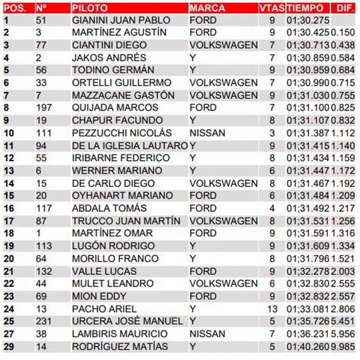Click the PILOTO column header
(x=90, y=8)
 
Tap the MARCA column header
(x=207, y=8)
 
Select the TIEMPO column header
(x=305, y=8)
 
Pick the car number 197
(x=44, y=108)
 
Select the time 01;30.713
(x=307, y=45)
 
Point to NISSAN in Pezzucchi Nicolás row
(x=207, y=133)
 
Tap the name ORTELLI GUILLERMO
(x=121, y=83)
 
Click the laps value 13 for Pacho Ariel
(x=271, y=309)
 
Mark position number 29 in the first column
(x=9, y=347)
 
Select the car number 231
(x=44, y=321)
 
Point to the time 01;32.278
(x=307, y=271)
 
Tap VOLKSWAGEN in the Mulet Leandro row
(x=224, y=284)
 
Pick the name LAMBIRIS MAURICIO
(x=119, y=334)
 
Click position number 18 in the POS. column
(x=9, y=234)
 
